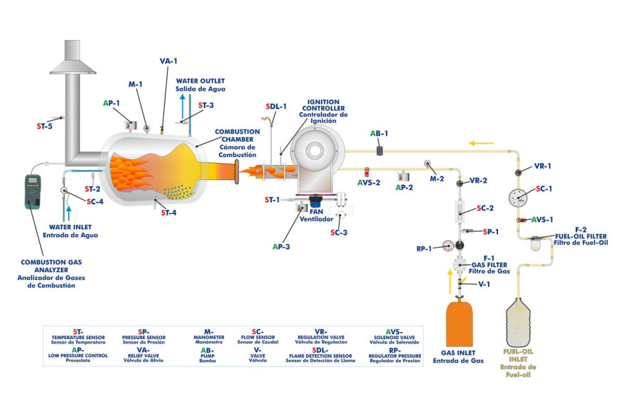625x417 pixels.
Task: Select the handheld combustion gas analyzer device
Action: point(33,191)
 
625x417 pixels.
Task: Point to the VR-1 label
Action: point(543,166)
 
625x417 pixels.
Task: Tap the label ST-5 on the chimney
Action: point(44,126)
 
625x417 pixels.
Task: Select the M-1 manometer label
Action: point(136,84)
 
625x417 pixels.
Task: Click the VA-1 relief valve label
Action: point(168,61)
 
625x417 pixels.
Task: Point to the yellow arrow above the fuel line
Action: point(482,143)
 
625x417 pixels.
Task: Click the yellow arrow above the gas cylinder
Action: point(449,284)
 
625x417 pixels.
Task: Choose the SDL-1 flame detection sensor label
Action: point(276,106)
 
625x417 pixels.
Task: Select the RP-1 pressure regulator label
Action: point(425,249)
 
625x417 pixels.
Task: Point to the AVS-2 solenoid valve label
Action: point(369,182)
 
